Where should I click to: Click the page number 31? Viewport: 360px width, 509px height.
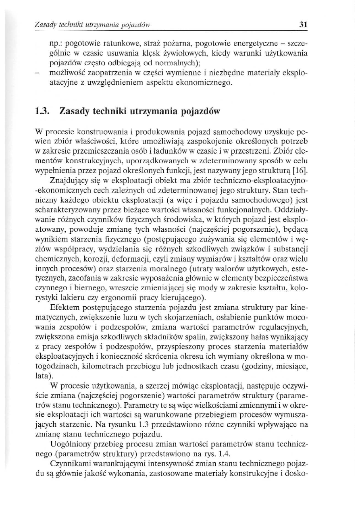tap(304, 25)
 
